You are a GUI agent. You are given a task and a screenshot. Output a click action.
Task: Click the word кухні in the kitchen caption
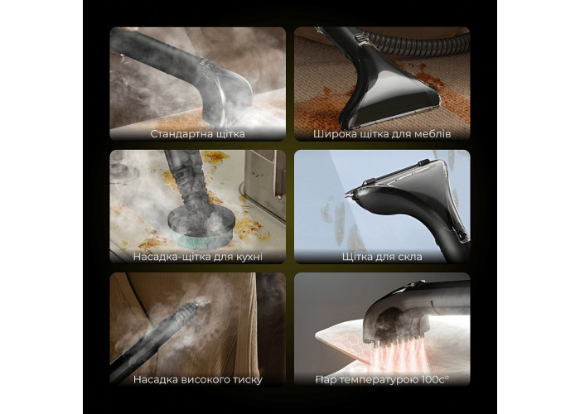[249, 257]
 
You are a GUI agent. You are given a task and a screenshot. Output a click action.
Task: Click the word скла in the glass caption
[408, 257]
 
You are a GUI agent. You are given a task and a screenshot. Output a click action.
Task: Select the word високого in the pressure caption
[208, 379]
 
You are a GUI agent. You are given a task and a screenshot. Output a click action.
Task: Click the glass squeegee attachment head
[414, 192]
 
